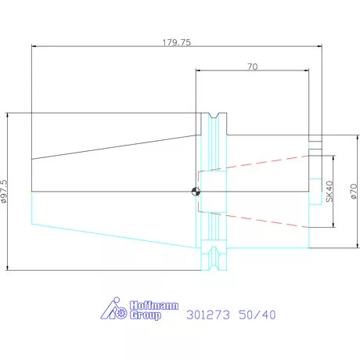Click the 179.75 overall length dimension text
click(177, 42)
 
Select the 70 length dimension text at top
click(253, 67)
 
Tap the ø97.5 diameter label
click(4, 191)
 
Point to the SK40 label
click(329, 192)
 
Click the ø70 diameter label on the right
click(354, 192)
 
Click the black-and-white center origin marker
click(196, 192)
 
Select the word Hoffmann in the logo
click(154, 305)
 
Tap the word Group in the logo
click(146, 315)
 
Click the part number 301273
click(208, 315)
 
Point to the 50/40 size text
click(257, 315)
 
